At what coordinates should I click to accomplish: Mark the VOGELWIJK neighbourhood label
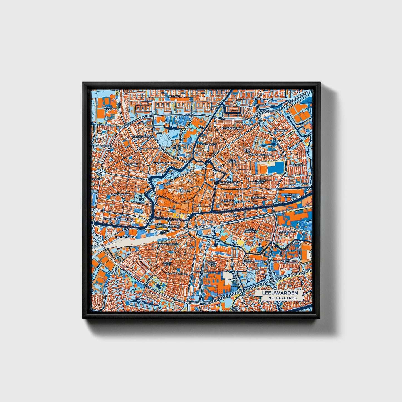(131, 164)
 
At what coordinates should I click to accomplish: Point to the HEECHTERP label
(281, 130)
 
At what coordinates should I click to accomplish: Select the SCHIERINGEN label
(297, 165)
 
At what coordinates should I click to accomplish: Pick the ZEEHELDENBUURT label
(230, 182)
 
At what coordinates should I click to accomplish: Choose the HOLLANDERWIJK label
(168, 244)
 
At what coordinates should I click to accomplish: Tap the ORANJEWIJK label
(232, 216)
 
